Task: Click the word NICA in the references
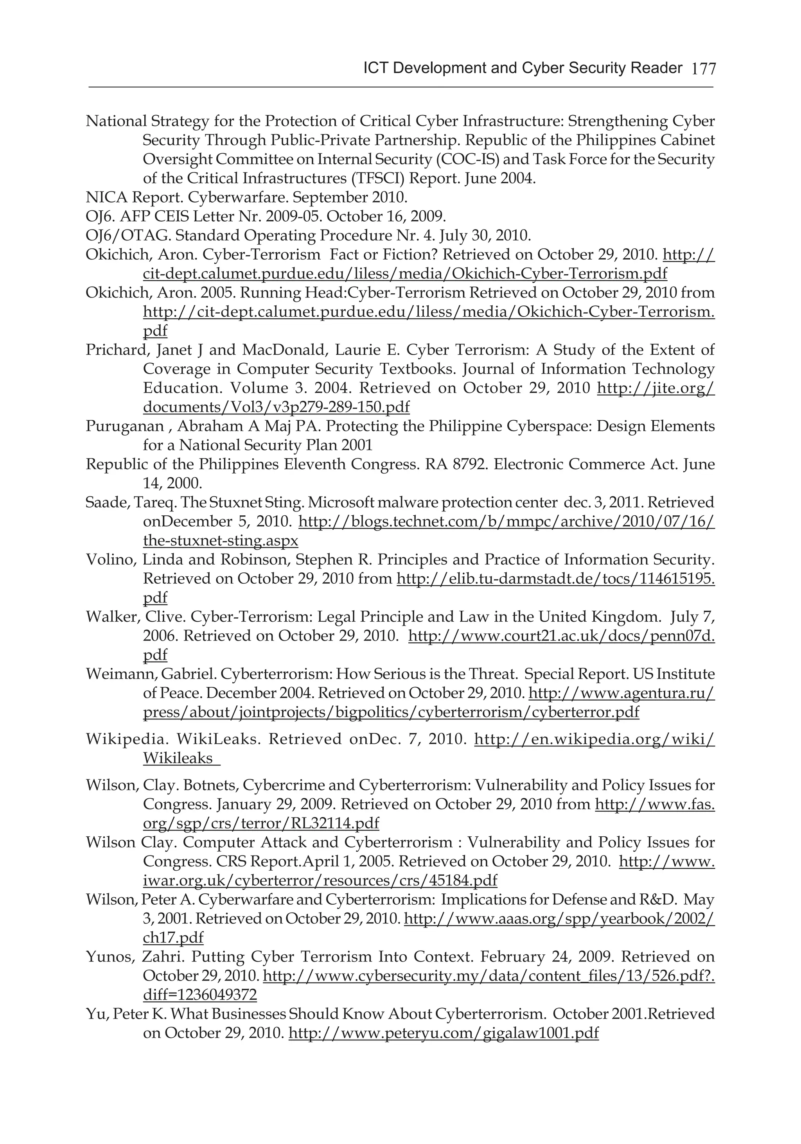(x=107, y=197)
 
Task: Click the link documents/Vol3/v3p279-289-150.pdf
(x=276, y=407)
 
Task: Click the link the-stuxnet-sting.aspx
(x=220, y=541)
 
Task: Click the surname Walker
(x=113, y=617)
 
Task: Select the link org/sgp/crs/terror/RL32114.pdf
(x=261, y=823)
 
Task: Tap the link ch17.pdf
(x=173, y=938)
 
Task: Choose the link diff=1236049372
(x=200, y=995)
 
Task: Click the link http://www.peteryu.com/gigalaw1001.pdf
(x=443, y=1033)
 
